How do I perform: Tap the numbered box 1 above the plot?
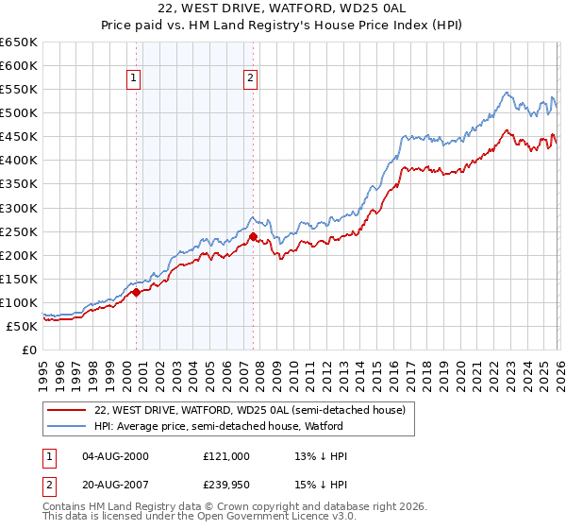[x=135, y=79]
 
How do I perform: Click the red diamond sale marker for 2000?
[x=136, y=292]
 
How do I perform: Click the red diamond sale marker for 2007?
[x=253, y=236]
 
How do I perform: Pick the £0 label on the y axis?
[x=30, y=350]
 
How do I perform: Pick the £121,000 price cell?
[x=226, y=456]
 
